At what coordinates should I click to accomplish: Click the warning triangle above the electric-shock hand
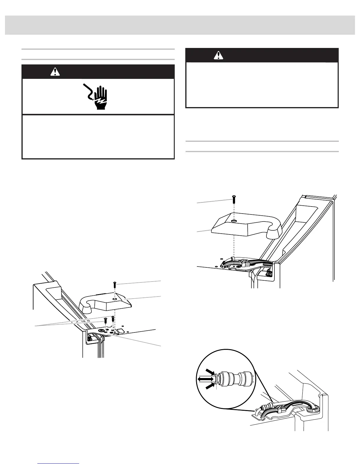[55, 71]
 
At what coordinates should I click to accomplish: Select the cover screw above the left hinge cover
[114, 285]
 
